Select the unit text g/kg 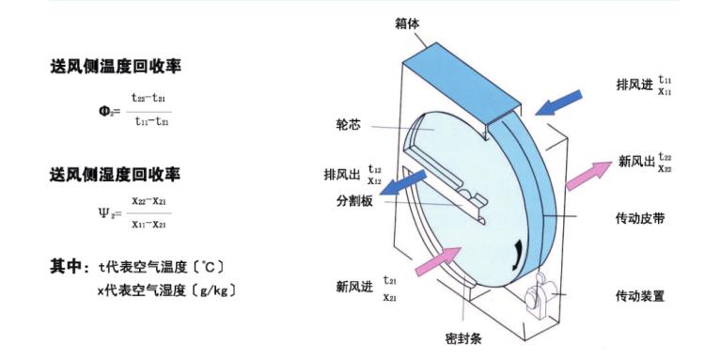pos(212,291)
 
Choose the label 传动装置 pos(643,295)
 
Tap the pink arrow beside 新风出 pos(587,170)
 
